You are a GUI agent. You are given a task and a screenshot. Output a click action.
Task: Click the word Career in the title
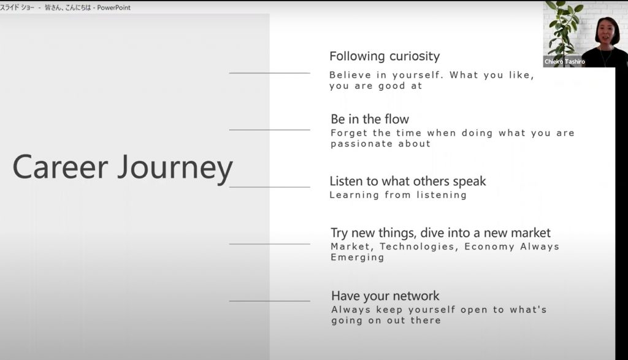point(61,167)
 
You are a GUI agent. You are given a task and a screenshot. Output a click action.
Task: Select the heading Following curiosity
point(385,56)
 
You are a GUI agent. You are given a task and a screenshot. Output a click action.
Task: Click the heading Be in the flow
point(370,119)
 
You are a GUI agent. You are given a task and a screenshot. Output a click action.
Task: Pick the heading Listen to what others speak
point(408,182)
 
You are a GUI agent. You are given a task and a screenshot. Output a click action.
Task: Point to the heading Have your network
point(385,296)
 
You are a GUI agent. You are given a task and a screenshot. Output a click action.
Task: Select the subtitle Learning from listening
point(398,196)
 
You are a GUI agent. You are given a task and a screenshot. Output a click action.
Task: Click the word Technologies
point(417,247)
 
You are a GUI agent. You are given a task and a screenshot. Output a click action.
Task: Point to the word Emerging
point(358,258)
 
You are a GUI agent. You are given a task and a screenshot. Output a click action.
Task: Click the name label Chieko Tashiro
point(565,62)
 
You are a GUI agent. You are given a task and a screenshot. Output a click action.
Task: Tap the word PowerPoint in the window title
point(113,7)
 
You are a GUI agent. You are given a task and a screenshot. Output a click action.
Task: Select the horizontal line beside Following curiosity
point(270,73)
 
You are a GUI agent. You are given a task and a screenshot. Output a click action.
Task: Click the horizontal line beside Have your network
point(270,301)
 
